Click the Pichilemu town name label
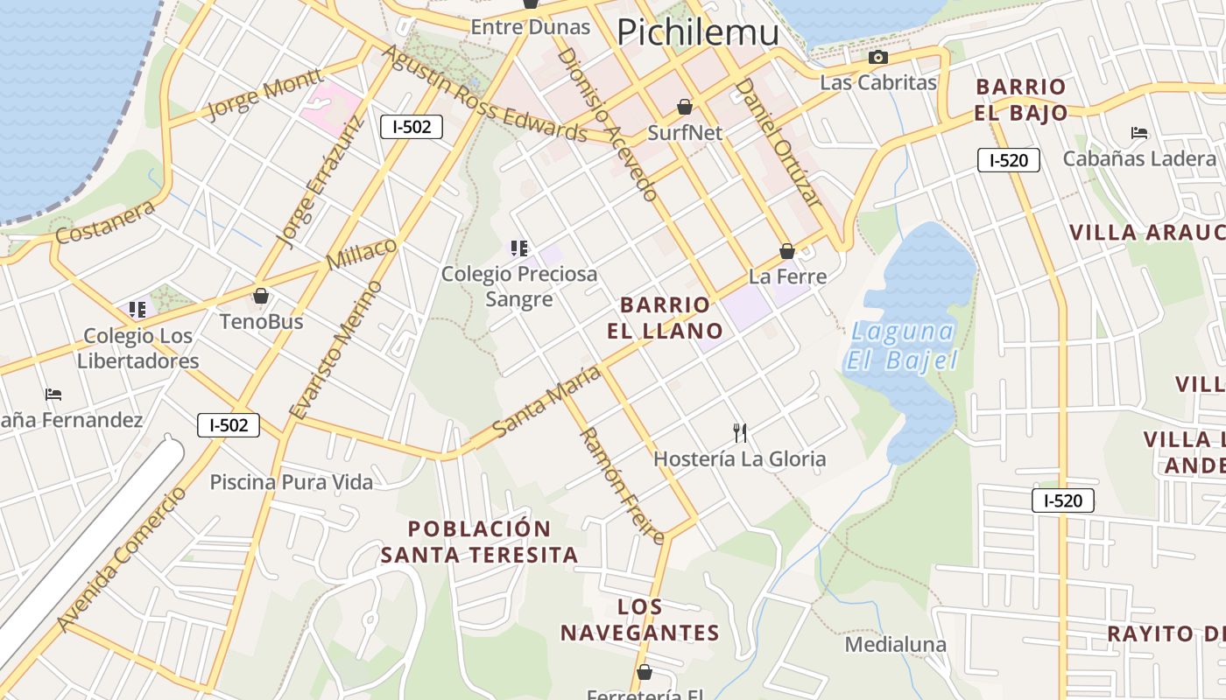[x=697, y=32]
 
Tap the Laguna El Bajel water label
[x=901, y=346]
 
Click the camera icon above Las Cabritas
[x=877, y=58]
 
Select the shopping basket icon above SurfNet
[x=685, y=107]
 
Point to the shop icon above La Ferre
[x=787, y=251]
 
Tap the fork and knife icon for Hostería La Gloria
[x=740, y=431]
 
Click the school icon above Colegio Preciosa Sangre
[x=519, y=248]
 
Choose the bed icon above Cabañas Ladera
[x=1139, y=133]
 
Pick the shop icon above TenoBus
[x=261, y=296]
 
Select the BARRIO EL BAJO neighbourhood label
[x=1021, y=100]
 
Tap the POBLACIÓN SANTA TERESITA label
[x=480, y=542]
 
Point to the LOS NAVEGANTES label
[x=640, y=619]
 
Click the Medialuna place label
[x=895, y=645]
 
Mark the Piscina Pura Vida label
[x=291, y=482]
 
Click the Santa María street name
[x=546, y=402]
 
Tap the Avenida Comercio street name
[x=123, y=558]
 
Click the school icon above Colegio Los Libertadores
[x=137, y=310]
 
